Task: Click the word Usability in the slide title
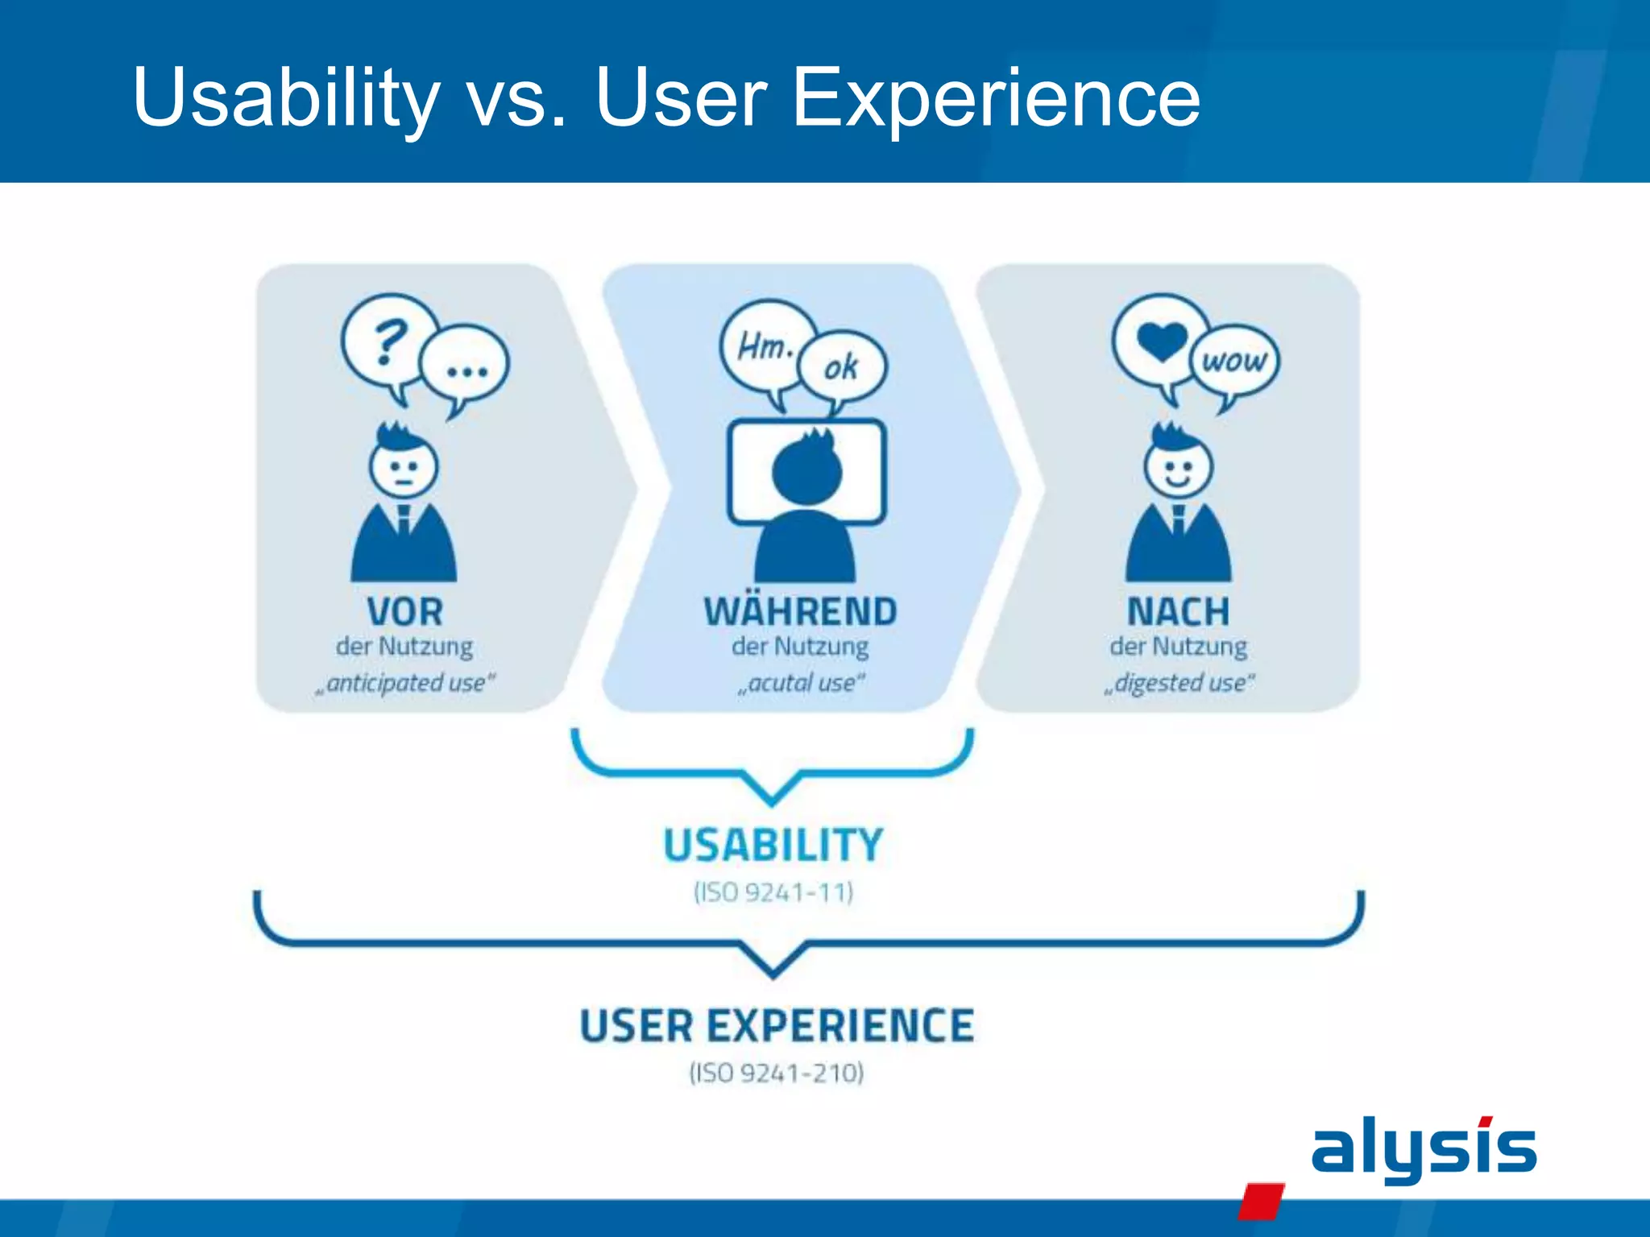[x=286, y=98]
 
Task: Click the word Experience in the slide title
[x=996, y=98]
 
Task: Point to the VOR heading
[x=404, y=612]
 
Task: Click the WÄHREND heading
[x=800, y=612]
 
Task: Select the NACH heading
[x=1178, y=612]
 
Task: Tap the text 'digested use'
[x=1179, y=683]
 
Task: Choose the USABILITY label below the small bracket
[x=773, y=846]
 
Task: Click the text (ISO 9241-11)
[x=773, y=892]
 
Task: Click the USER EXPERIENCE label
[x=777, y=1027]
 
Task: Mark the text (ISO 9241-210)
[x=777, y=1073]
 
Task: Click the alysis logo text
[x=1423, y=1149]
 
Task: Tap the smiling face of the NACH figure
[x=1178, y=468]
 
